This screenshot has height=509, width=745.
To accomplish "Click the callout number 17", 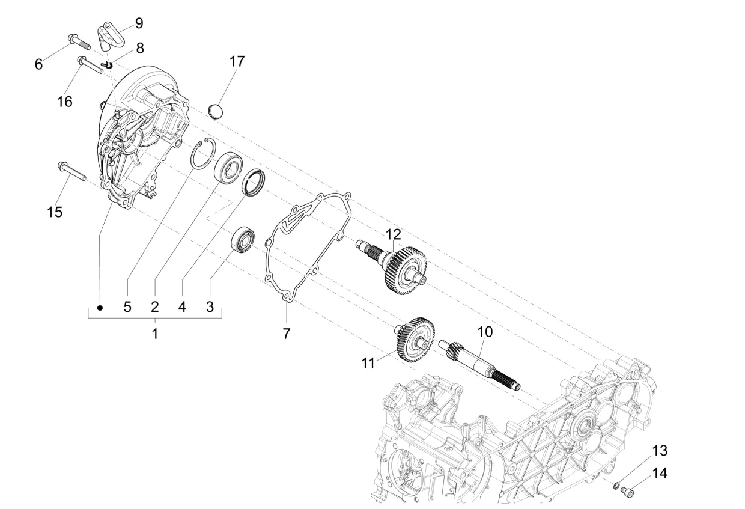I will [x=237, y=61].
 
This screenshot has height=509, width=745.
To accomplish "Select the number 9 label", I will [x=139, y=23].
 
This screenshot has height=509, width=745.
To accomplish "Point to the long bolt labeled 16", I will [x=90, y=63].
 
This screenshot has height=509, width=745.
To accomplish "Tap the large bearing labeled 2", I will [x=229, y=166].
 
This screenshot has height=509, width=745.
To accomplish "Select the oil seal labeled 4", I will [x=252, y=182].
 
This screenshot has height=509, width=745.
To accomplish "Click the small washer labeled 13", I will [x=617, y=484].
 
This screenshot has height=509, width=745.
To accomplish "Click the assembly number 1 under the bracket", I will [x=154, y=333].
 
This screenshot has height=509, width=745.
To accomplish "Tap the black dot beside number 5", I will [x=100, y=307].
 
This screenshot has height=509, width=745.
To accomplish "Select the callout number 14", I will [x=659, y=473].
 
